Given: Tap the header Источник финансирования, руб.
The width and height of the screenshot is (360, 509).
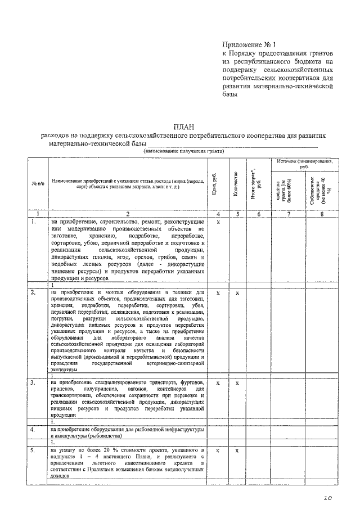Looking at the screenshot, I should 304,164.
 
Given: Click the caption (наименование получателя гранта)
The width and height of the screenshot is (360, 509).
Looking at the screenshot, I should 183,151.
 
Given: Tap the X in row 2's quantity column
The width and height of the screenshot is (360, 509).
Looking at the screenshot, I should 237,293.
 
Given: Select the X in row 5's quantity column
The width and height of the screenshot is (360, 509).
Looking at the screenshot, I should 237,451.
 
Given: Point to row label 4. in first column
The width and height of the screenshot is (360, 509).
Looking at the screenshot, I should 33,429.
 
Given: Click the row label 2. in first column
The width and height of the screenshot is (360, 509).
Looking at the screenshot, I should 33,292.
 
